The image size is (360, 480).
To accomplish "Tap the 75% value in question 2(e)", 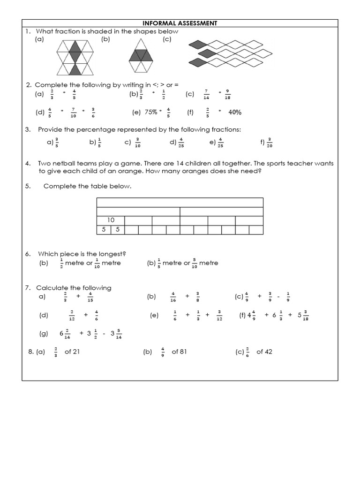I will (x=150, y=112).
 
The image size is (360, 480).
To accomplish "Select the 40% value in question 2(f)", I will (x=235, y=112).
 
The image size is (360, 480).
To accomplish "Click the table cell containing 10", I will (x=111, y=220).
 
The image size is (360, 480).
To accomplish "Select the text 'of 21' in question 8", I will (x=72, y=352).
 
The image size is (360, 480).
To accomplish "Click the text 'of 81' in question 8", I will (x=179, y=352).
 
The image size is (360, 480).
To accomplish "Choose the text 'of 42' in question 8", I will (x=264, y=352).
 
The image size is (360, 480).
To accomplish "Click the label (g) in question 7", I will (x=44, y=334).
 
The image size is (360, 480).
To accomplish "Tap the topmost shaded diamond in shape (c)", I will (x=197, y=45).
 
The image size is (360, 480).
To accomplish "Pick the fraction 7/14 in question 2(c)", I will (x=206, y=95).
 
